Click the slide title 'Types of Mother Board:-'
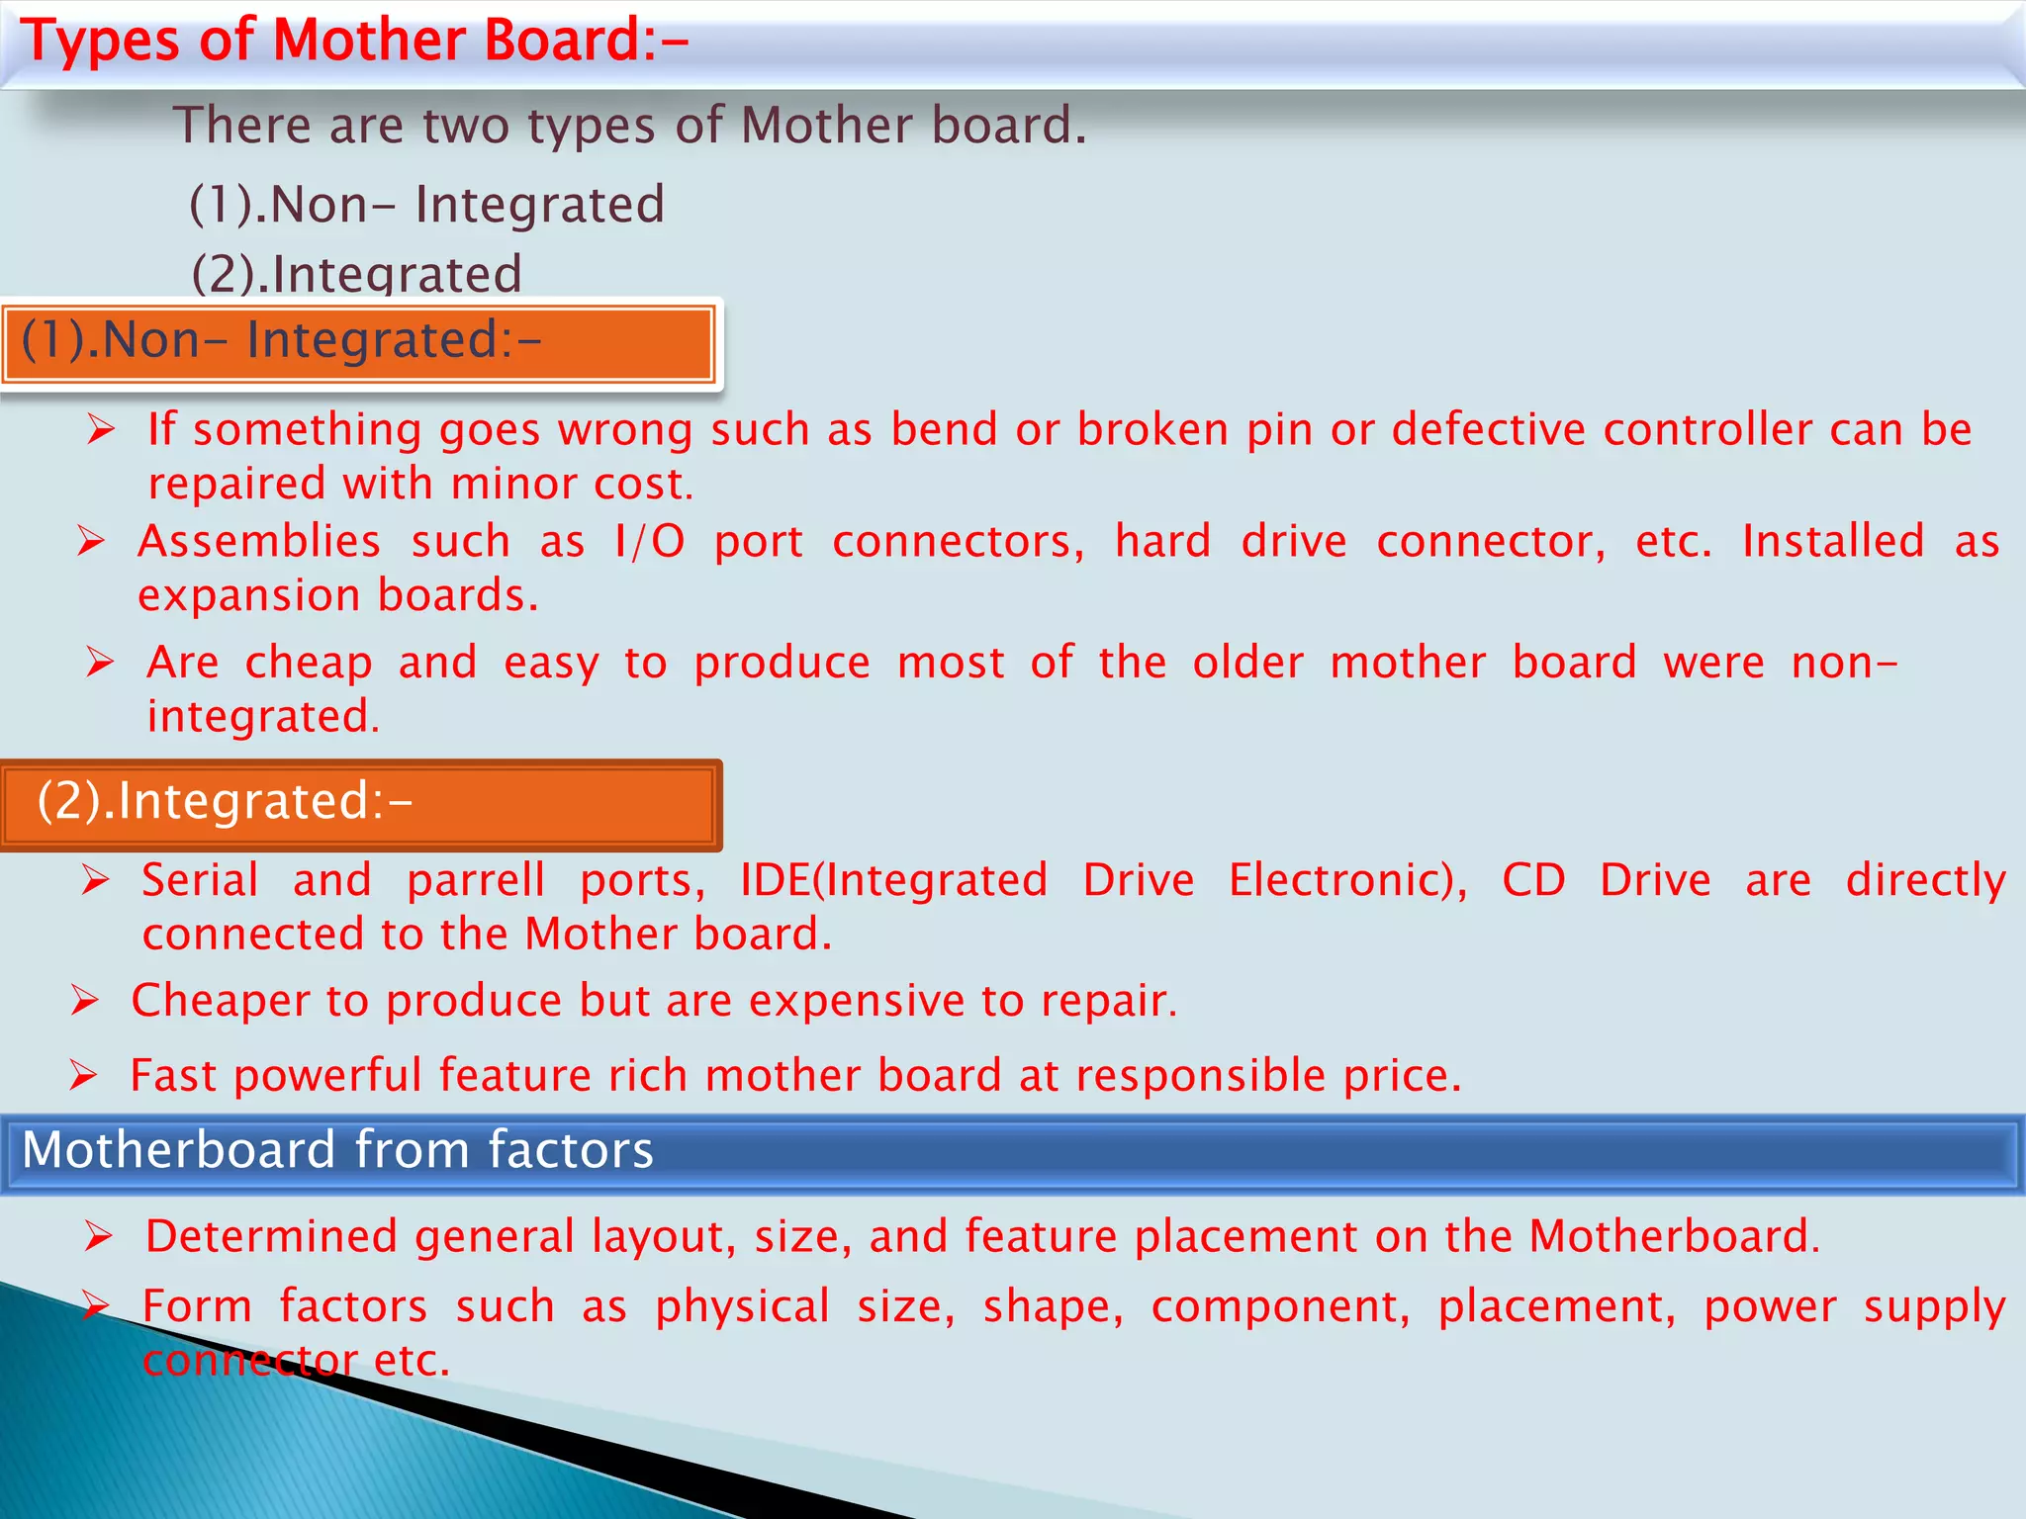354,42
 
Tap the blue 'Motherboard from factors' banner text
337,1150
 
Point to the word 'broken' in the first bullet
1151,430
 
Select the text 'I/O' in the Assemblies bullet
649,542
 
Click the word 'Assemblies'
259,542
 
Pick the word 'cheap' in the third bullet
309,664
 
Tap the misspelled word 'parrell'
476,881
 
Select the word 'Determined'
271,1236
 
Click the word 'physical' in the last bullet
742,1307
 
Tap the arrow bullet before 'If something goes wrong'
101,429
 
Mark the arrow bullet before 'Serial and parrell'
96,879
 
